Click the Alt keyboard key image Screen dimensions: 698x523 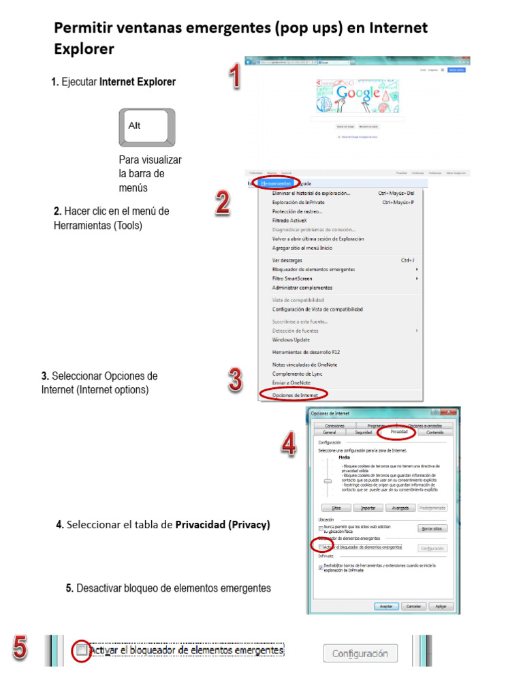pos(147,127)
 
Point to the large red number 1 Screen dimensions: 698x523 pos(234,76)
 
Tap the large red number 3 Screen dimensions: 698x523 pos(235,380)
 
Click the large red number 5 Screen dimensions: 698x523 pos(20,648)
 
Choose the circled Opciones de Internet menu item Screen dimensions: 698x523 pos(294,395)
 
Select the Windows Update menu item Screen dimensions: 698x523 pos(291,339)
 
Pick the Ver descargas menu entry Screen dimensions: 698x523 pos(287,260)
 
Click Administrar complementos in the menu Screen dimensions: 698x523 pos(302,288)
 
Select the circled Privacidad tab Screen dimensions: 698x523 pos(399,431)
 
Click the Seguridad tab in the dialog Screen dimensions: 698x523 pos(364,432)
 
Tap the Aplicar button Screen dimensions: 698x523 pos(441,606)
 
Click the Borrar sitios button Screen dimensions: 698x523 pos(432,528)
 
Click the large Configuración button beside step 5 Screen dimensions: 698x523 pos(360,654)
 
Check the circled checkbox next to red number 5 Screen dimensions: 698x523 pos(82,650)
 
